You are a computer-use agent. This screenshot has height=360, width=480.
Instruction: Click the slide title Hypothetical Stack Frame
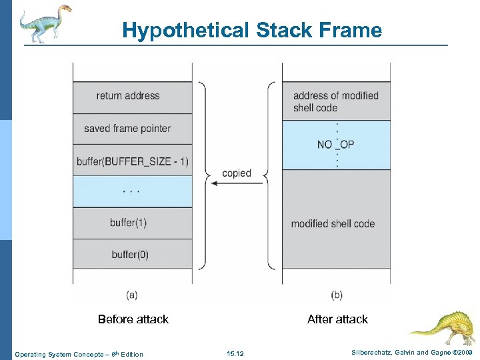pos(252,30)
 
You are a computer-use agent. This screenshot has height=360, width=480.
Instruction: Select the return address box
pos(132,96)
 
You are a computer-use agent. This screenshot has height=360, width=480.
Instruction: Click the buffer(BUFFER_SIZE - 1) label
pos(132,161)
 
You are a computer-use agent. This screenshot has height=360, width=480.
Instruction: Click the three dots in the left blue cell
pos(132,191)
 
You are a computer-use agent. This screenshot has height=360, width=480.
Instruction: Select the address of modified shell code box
pos(335,101)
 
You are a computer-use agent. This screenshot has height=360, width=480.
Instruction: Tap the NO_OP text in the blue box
pos(335,144)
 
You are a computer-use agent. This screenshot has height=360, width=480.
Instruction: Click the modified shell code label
pos(333,223)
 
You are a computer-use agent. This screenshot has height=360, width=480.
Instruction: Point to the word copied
pos(237,173)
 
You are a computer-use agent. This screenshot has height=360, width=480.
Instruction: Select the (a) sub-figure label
pos(133,294)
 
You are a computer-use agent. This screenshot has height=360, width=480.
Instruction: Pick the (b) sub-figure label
pos(337,294)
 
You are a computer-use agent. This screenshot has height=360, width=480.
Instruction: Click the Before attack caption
pos(133,319)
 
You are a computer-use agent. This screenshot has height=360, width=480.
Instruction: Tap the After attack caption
pos(337,319)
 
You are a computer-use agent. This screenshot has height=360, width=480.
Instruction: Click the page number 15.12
pos(235,354)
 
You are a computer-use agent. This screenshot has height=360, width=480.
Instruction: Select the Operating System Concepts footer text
pos(79,354)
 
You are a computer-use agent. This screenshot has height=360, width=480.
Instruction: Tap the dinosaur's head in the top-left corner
pos(65,10)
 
